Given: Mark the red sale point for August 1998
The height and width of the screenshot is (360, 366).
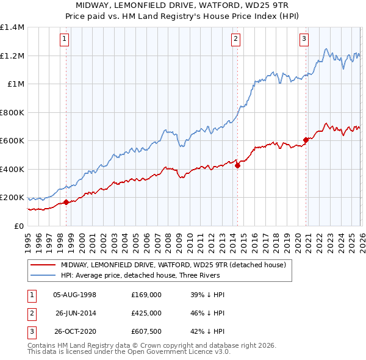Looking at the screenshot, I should click(66, 203).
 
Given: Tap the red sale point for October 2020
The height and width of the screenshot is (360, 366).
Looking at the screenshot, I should click(306, 140).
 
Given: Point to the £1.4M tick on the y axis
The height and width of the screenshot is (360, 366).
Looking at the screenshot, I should click(12, 27).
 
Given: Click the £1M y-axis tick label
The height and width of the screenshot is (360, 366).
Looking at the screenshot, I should click(15, 84).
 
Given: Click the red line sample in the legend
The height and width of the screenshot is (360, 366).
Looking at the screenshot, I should click(43, 265).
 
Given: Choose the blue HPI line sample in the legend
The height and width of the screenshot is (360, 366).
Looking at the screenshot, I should click(43, 275).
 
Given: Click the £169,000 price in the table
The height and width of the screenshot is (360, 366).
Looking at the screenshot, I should click(146, 294).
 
